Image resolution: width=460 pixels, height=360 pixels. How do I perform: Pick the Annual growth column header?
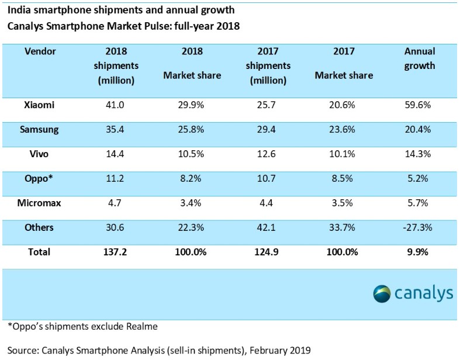click(x=420, y=58)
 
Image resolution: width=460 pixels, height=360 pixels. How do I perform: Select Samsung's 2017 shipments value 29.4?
click(x=267, y=130)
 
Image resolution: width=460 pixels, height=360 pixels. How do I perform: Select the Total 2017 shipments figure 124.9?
click(x=267, y=252)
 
